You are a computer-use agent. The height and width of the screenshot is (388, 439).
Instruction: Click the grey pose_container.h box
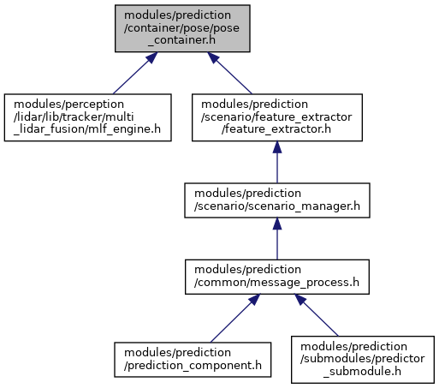point(182,28)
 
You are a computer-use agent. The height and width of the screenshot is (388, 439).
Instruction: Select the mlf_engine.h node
point(87,117)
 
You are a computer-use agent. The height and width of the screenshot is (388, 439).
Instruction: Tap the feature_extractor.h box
point(277,117)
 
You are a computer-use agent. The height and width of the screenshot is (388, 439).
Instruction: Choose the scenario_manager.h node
point(277,200)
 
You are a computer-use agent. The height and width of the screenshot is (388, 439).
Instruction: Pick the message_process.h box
point(277,277)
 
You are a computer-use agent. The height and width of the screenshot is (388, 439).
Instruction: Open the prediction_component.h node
point(193,360)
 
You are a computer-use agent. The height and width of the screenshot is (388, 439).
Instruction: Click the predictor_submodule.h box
point(363,360)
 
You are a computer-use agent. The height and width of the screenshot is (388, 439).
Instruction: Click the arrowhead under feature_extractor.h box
point(277,147)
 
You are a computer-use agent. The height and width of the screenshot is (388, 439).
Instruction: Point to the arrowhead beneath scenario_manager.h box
point(277,224)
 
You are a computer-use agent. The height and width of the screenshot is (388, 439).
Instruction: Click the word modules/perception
point(68,104)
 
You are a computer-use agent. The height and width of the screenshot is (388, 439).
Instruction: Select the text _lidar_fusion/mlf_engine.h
point(87,129)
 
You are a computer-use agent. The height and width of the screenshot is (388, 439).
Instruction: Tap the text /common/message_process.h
point(276,283)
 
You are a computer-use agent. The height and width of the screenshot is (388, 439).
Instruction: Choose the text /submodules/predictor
point(363,359)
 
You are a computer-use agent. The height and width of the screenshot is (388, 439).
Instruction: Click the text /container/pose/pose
point(181,28)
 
